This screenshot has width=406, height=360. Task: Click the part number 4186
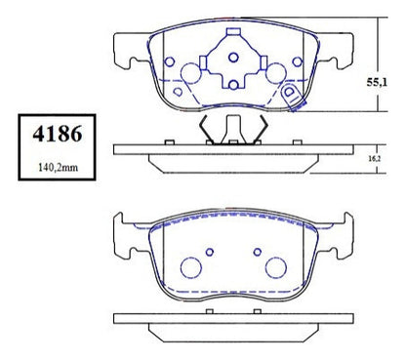(x=58, y=134)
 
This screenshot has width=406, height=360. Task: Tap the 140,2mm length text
(x=58, y=168)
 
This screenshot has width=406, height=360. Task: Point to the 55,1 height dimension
(x=377, y=82)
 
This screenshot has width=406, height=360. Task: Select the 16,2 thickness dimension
(x=375, y=159)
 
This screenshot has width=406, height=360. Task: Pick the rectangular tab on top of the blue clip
(x=233, y=31)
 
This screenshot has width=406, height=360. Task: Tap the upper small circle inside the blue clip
(x=233, y=58)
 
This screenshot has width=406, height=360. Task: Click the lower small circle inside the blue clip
(x=233, y=85)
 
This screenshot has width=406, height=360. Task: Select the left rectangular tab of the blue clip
(x=203, y=62)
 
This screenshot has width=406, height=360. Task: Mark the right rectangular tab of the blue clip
(x=264, y=62)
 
